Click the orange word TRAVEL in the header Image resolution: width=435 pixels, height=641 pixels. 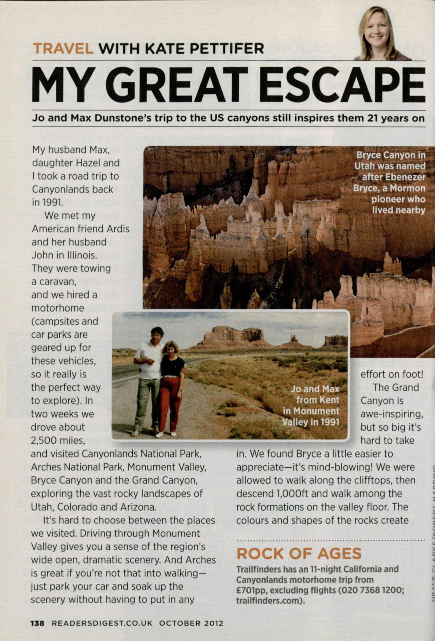[63, 49]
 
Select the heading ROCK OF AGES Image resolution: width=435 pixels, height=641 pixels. [299, 553]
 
